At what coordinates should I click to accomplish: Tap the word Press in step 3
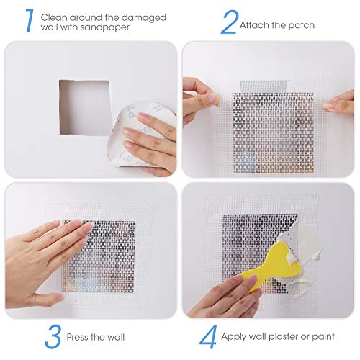pyautogui.click(x=77, y=336)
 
